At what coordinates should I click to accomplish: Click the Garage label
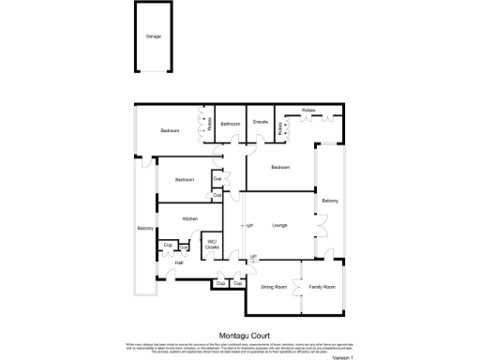[153, 37]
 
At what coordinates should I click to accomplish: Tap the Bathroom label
[230, 123]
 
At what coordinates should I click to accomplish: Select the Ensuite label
[262, 122]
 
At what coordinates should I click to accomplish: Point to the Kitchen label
[189, 219]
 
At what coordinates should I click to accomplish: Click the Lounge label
[279, 225]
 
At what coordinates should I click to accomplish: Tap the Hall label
[178, 262]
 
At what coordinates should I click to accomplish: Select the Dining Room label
[273, 287]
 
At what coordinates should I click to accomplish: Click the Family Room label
[322, 287]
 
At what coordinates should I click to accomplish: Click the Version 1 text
[345, 357]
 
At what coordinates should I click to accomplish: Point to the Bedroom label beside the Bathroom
[169, 130]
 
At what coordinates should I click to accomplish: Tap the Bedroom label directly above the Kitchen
[184, 179]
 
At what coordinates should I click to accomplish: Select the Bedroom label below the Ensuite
[280, 167]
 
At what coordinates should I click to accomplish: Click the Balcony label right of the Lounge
[330, 201]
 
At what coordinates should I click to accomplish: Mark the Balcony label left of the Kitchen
[144, 229]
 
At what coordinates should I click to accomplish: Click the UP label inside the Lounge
[249, 226]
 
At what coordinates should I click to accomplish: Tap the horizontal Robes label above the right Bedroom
[308, 111]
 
